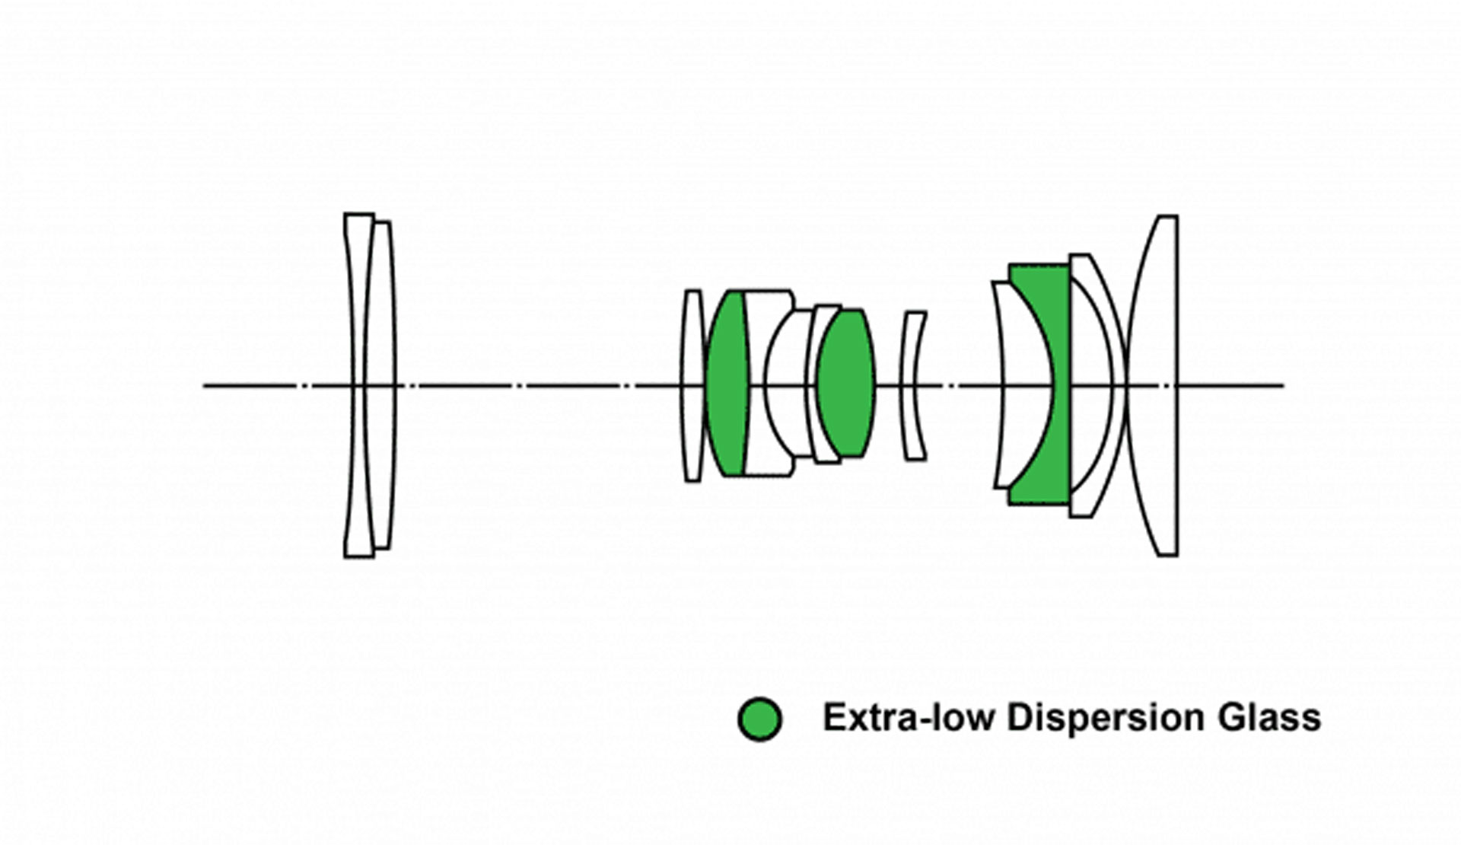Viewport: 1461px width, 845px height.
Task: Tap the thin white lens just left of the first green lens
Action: (x=692, y=385)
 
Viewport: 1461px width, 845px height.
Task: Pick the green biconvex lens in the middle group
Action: (x=846, y=383)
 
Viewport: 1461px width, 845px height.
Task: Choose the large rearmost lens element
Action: (x=1153, y=386)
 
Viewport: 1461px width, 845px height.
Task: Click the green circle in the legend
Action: (x=759, y=718)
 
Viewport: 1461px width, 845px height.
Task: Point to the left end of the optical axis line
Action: (x=203, y=386)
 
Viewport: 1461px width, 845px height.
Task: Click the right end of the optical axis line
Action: (x=1284, y=386)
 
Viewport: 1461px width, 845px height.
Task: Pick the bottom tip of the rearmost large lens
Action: (x=1168, y=556)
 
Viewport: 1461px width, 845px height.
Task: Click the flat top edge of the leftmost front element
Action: (x=359, y=214)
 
